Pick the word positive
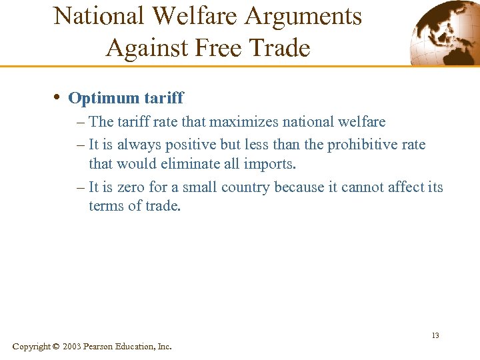click(x=190, y=145)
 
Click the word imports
click(x=271, y=163)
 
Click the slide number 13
click(x=435, y=335)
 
